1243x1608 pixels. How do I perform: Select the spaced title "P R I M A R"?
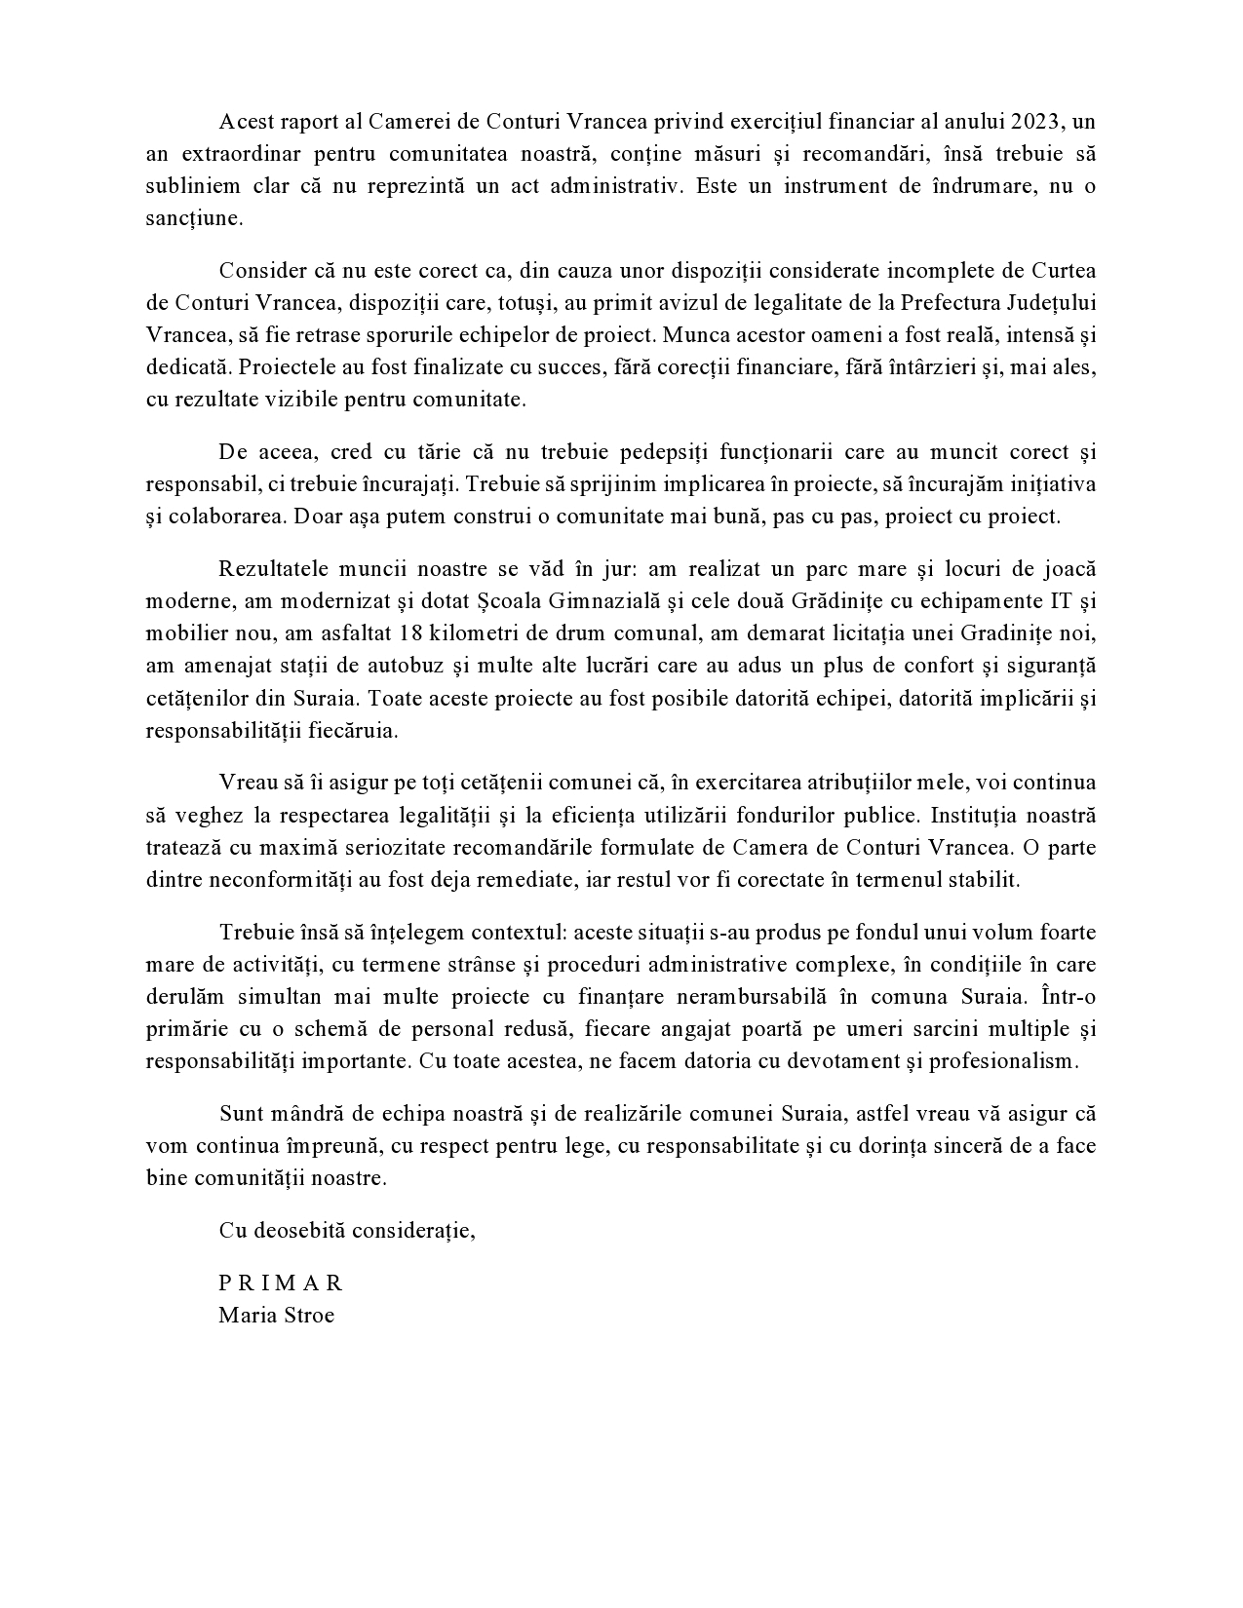pyautogui.click(x=281, y=1283)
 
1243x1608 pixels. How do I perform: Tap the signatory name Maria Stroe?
pyautogui.click(x=276, y=1316)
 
